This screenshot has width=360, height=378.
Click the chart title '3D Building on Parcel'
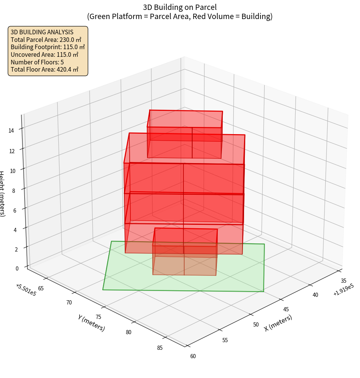point(180,7)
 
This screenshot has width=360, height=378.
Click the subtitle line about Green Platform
point(180,16)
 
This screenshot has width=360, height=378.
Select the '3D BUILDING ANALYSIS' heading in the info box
point(42,32)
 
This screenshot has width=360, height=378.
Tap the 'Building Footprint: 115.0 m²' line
point(48,47)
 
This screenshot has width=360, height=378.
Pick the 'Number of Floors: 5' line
point(37,62)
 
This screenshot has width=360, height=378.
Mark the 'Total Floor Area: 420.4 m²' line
point(45,69)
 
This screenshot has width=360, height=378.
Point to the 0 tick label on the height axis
point(16,268)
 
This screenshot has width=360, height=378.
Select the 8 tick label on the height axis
point(14,190)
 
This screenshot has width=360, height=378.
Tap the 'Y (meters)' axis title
point(91,322)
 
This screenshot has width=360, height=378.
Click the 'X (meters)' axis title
point(278,322)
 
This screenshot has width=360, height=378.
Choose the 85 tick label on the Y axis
point(159,347)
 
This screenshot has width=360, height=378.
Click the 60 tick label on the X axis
point(193,356)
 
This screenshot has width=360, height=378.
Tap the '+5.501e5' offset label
point(24,290)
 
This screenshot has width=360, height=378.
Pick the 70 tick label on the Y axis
point(69,303)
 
